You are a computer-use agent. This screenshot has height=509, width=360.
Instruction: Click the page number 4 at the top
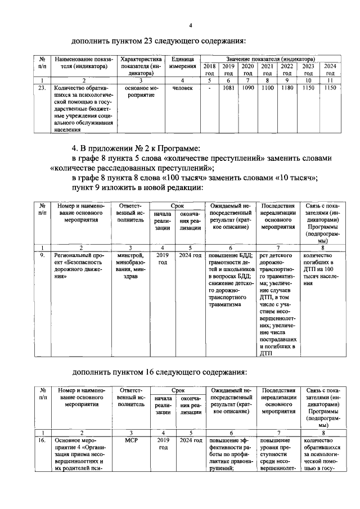tap(191, 26)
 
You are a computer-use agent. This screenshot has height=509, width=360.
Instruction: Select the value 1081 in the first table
tap(228, 88)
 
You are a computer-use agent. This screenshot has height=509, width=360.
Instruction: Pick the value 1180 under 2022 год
tap(287, 88)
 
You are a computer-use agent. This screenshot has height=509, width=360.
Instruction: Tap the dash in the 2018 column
tap(209, 88)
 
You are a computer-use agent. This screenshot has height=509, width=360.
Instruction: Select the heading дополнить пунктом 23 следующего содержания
tap(160, 41)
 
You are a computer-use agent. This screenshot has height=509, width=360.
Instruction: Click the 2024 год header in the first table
tap(330, 69)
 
